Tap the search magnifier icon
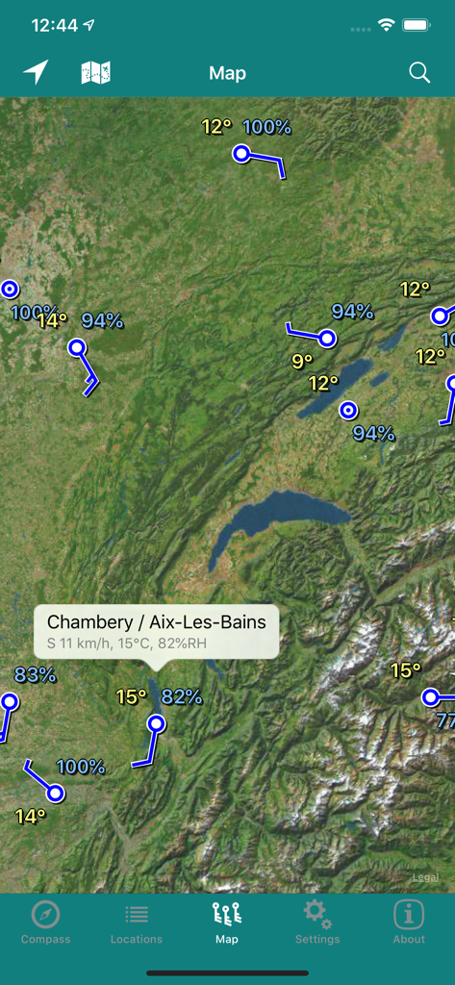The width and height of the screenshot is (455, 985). (x=419, y=73)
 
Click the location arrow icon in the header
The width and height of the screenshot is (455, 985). (x=36, y=72)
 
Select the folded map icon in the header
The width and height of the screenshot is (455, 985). (x=95, y=72)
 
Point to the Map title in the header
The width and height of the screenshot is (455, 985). (x=227, y=73)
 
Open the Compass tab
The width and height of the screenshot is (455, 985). (x=45, y=922)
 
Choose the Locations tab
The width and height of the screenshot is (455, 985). (x=137, y=922)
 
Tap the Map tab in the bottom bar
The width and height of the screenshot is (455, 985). (x=227, y=922)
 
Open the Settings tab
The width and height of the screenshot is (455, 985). (x=317, y=922)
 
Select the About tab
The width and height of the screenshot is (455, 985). (x=409, y=922)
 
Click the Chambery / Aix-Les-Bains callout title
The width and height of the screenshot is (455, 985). (x=157, y=622)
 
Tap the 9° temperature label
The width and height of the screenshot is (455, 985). (x=302, y=361)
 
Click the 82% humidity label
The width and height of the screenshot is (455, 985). (x=182, y=696)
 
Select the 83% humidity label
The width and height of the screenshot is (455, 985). (x=35, y=675)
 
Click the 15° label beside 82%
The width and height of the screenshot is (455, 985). (x=132, y=696)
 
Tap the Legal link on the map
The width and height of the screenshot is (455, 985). (x=425, y=877)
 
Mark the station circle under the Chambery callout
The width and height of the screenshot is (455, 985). (x=157, y=723)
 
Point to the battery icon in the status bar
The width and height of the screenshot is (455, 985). (x=416, y=25)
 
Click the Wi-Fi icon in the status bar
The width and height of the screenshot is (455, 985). (x=386, y=25)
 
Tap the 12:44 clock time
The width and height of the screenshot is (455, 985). (x=55, y=26)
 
